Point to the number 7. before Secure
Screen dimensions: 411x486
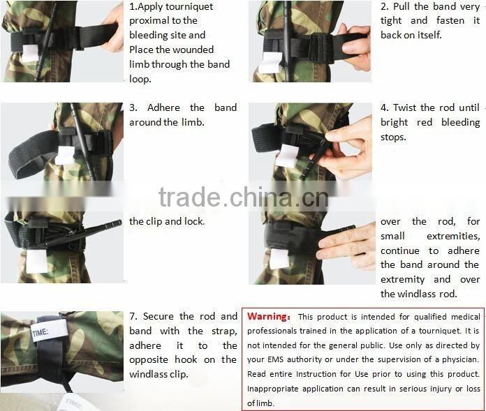[x=134, y=316]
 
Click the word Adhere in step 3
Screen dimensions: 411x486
[x=164, y=107]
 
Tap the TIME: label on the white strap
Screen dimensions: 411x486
[x=40, y=332]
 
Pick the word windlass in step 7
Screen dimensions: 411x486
[x=149, y=374]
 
